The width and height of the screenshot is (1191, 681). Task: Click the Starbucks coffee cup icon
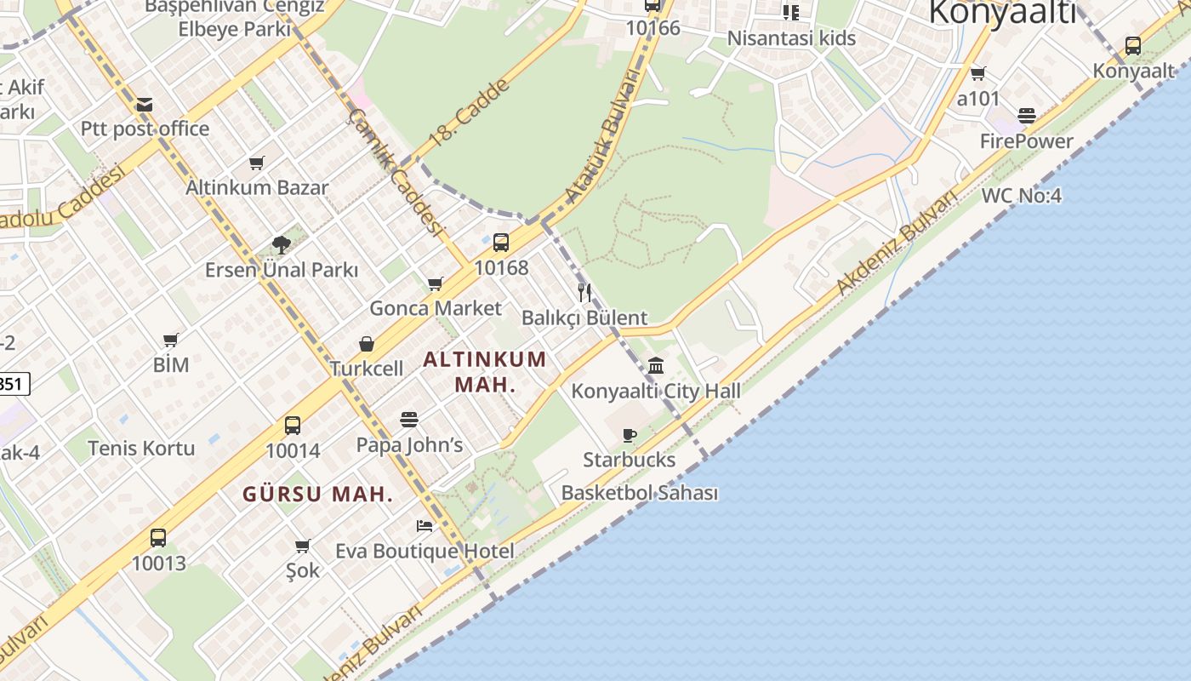pos(630,436)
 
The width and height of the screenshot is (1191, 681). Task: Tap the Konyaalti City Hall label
pos(655,392)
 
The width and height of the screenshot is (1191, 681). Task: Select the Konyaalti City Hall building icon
pos(656,366)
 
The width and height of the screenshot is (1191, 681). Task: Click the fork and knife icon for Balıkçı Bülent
pos(584,293)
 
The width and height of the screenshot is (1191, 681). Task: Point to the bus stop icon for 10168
pos(501,243)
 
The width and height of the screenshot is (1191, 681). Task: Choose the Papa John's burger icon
pos(409,420)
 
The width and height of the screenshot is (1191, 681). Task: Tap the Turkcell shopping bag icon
pos(367,344)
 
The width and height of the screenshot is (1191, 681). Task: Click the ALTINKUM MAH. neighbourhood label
pos(485,371)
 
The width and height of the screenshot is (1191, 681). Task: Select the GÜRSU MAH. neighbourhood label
pos(318,495)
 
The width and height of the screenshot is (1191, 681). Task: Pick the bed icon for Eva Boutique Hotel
pos(425,526)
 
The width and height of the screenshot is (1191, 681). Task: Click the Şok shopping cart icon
pos(302,546)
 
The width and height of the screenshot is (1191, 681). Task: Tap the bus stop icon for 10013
pos(158,538)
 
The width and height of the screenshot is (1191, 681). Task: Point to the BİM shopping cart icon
pos(171,340)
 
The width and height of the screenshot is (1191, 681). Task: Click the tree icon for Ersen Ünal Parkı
pos(282,245)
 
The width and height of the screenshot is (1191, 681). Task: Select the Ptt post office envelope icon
pos(145,105)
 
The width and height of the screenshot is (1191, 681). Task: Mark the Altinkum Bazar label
pos(257,187)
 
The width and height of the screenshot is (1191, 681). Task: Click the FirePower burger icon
pos(1027,116)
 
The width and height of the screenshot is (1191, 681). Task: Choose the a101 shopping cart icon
pos(978,74)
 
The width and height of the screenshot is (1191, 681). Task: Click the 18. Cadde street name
pos(469,113)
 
